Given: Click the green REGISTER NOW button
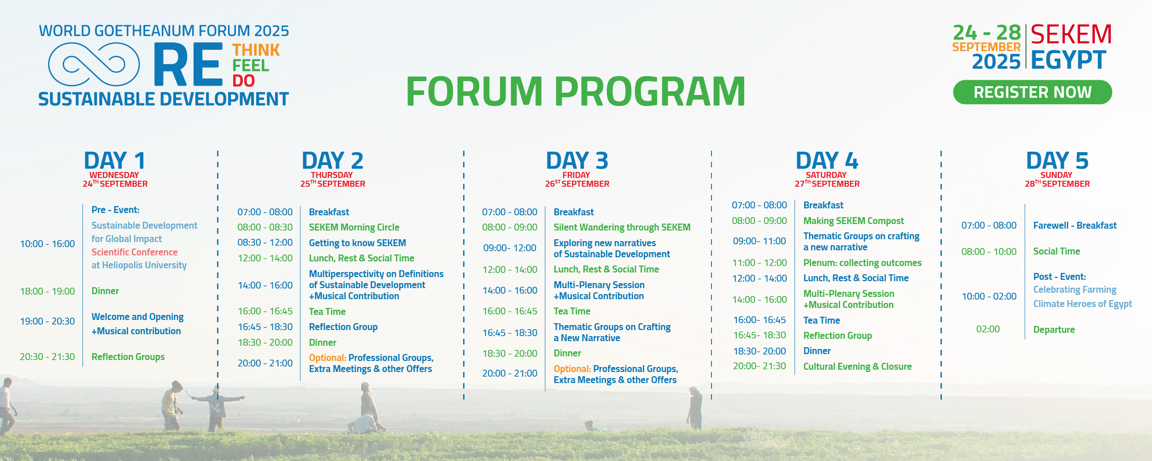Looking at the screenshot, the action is pos(1032,92).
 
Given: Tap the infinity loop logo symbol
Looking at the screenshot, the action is pos(94,65).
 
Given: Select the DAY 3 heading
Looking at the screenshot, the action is pos(577,160).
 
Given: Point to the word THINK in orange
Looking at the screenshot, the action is pos(256,50).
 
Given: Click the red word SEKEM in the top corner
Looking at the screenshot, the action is pos(1071,35).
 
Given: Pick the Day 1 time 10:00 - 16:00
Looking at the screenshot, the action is pos(47,244).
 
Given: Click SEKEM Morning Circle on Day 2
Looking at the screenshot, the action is pos(354,227).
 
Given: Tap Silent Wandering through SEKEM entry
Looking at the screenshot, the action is pos(622,227).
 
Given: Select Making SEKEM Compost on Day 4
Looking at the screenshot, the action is pos(853,221).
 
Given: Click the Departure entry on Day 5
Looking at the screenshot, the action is pos(1054,330).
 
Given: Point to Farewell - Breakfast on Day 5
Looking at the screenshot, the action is pos(1075,225).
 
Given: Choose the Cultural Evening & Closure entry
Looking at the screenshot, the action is pos(858,366).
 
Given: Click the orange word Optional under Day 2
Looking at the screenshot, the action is pos(328,358).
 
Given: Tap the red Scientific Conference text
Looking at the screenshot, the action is pos(135,252).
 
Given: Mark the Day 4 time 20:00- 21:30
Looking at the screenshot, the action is pos(759,366).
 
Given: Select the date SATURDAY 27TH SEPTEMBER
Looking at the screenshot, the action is pos(827,179).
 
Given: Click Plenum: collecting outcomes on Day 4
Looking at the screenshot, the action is pos(862,263).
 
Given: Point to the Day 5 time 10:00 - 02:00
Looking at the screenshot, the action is pos(989,296).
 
